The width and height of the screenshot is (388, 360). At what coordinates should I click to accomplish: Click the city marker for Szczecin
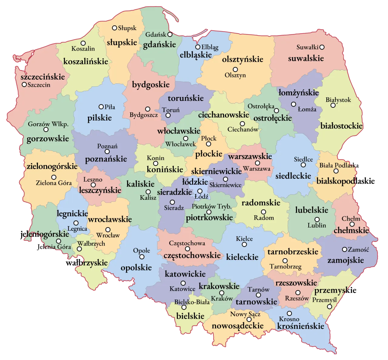(x=24, y=85)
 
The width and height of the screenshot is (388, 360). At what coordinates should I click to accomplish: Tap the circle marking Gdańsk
(x=170, y=35)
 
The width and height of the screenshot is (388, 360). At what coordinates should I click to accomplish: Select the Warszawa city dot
(x=257, y=163)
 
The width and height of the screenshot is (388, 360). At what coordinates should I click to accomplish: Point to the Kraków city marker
(x=222, y=293)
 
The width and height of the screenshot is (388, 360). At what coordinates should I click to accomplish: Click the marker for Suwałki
(x=322, y=47)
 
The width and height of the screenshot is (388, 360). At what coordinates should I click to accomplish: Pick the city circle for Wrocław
(x=108, y=230)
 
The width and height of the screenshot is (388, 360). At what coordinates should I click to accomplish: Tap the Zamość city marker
(x=344, y=249)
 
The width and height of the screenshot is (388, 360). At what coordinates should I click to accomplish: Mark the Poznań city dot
(x=107, y=152)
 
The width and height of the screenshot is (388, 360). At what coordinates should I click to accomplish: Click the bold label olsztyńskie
(x=242, y=59)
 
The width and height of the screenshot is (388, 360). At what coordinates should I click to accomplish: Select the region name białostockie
(x=341, y=126)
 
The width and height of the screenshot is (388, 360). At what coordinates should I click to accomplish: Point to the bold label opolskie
(x=136, y=268)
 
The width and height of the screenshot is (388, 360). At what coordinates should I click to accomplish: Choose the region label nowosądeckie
(x=238, y=326)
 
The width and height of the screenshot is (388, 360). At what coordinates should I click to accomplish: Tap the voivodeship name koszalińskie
(x=85, y=61)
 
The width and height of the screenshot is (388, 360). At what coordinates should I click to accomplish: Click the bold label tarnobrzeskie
(x=293, y=252)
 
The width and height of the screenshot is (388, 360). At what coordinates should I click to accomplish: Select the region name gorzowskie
(x=48, y=139)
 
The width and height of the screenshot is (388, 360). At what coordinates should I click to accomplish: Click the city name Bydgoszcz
(x=144, y=115)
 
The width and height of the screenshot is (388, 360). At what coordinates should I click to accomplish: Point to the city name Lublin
(x=317, y=225)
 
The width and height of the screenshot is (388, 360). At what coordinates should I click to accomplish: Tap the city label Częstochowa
(x=187, y=243)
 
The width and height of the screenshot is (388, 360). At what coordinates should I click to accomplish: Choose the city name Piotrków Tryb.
(x=212, y=206)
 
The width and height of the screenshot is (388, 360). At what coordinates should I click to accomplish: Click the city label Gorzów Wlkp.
(x=48, y=124)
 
